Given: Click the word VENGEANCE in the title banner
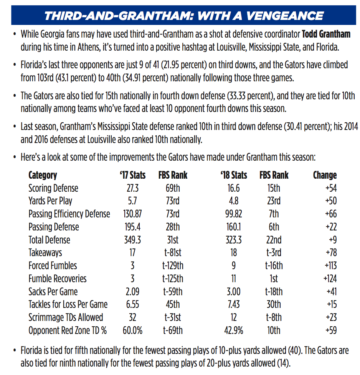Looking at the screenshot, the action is coord(285,16).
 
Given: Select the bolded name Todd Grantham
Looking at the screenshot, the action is coord(326,34).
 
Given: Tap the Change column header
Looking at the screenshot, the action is coord(325,175).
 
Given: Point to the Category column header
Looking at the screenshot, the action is coord(43,176).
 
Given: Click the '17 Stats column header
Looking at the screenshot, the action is coord(133,175).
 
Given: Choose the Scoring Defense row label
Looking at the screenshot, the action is coord(53,188).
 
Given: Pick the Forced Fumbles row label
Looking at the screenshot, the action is coord(53,266).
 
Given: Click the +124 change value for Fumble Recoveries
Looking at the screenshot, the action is coord(330,279).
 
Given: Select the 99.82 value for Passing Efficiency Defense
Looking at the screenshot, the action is coord(234,214).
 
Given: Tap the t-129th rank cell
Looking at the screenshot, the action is coord(173,266).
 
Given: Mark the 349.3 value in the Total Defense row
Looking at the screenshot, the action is coord(133,240).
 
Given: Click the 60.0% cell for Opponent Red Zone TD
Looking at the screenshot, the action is coord(133,331).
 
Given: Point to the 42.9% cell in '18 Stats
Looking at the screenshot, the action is coord(234,331).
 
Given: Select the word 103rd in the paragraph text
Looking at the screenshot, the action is coord(45,78).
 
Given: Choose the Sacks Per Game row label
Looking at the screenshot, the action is coord(53,292).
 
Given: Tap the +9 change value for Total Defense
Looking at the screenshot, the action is coord(333,240).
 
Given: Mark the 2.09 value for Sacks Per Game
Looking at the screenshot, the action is coord(133,292).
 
